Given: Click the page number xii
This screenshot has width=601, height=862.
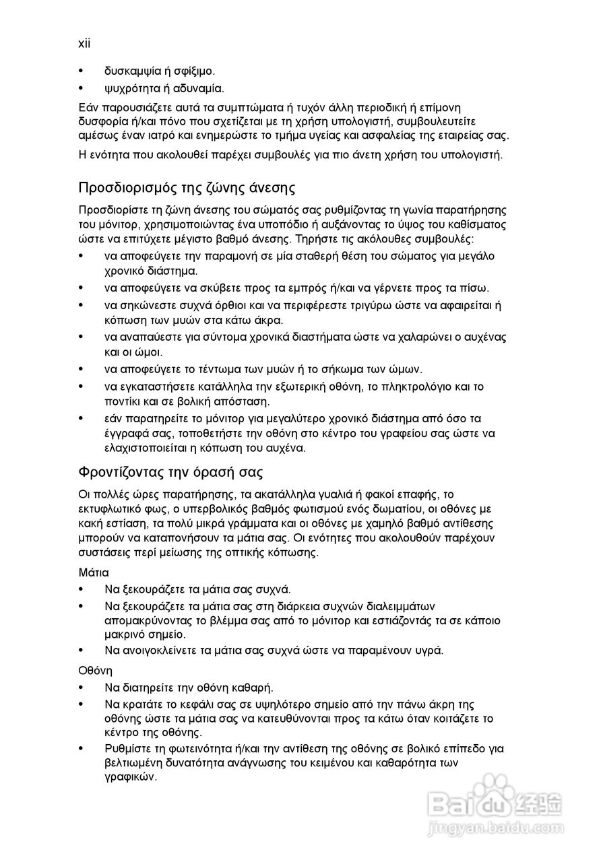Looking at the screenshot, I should [84, 43].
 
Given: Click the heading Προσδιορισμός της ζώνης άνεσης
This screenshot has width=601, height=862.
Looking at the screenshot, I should [187, 187].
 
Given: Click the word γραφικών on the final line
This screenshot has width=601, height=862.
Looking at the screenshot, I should [131, 776].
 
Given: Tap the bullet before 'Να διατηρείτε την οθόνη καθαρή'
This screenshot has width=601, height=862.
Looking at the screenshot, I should [82, 688].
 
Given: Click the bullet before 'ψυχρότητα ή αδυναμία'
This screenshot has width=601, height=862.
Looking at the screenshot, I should [82, 88].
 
